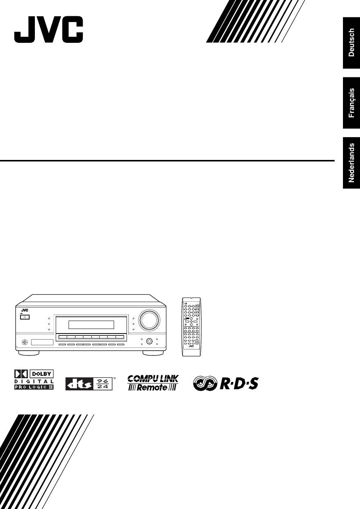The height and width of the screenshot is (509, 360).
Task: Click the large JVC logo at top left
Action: [49, 29]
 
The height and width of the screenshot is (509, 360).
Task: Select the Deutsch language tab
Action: [351, 43]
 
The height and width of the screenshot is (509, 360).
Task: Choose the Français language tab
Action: [351, 103]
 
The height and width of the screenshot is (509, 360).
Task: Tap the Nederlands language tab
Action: [351, 163]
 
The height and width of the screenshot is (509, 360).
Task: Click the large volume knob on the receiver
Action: [149, 319]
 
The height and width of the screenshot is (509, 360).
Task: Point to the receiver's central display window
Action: [91, 325]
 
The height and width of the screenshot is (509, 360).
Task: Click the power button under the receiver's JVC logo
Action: [25, 317]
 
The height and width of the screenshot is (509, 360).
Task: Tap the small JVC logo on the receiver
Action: [25, 310]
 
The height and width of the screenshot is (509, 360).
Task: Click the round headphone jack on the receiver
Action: [25, 342]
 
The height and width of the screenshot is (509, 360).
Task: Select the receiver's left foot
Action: [29, 353]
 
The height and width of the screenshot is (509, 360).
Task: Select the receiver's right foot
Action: [153, 353]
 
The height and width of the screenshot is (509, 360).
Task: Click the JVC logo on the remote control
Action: [191, 346]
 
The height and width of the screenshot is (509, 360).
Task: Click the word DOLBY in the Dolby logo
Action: [41, 374]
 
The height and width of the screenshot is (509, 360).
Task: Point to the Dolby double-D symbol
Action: [21, 374]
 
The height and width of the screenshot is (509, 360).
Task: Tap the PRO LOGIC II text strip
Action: [34, 387]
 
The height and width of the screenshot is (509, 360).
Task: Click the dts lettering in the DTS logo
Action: [79, 384]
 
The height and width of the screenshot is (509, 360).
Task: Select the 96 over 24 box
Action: [102, 384]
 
